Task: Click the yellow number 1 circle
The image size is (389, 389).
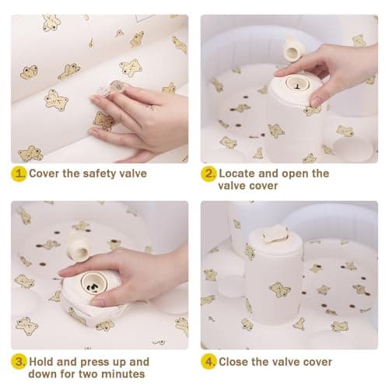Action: click(x=19, y=173)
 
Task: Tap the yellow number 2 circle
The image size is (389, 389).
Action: click(x=209, y=173)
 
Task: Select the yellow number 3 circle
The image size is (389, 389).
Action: click(x=19, y=362)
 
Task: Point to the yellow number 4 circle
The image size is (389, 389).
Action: click(x=209, y=362)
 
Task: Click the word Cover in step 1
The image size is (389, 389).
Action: click(x=44, y=173)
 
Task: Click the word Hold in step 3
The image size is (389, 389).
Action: click(x=41, y=362)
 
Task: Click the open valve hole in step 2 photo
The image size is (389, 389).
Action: click(x=296, y=83)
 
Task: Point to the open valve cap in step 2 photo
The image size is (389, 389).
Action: click(x=292, y=48)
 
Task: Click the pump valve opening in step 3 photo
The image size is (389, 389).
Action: click(x=94, y=283)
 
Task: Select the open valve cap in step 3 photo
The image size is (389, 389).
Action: click(x=79, y=246)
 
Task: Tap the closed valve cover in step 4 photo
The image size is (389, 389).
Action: click(x=275, y=233)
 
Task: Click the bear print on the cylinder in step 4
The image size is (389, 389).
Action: click(x=279, y=289)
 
